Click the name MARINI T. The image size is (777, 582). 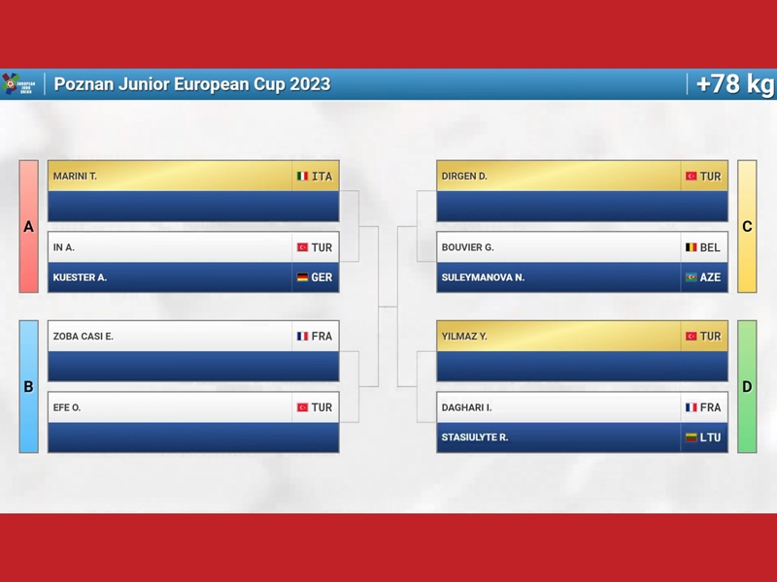(x=75, y=177)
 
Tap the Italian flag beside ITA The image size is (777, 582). (x=302, y=177)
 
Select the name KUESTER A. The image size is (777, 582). (x=80, y=277)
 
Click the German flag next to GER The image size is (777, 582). (x=302, y=277)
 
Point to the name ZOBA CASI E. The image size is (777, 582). (x=84, y=337)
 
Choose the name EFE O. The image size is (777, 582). (x=67, y=407)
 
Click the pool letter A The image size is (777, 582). (x=29, y=227)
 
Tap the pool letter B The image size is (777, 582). (x=29, y=386)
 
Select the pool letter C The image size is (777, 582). (x=747, y=227)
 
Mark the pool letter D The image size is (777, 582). (x=747, y=386)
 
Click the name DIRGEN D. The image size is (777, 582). (x=464, y=177)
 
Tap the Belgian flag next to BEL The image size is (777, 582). (x=691, y=247)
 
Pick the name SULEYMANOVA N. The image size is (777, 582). (x=483, y=277)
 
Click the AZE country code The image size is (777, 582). (x=710, y=277)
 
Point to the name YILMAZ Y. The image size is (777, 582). (x=464, y=337)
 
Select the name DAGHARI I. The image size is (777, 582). (x=466, y=407)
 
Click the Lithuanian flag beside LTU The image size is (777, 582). (x=691, y=437)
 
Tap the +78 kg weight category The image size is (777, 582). (x=735, y=84)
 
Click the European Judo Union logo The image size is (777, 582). (x=18, y=83)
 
